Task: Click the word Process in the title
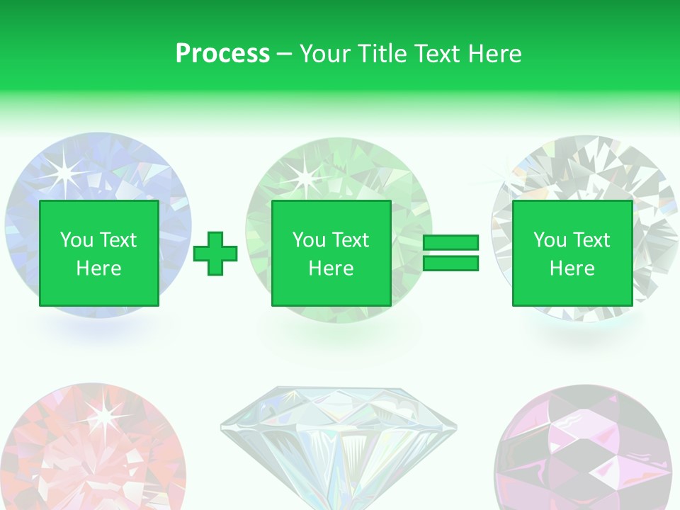pos(222,54)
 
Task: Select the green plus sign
pos(215,254)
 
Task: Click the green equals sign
pos(450,254)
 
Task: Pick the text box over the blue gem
pos(98,254)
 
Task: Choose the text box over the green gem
pos(331,254)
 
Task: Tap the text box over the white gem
pos(572,254)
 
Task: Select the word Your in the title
pos(326,54)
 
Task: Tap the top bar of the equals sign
pos(450,243)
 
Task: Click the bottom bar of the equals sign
pos(450,263)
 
